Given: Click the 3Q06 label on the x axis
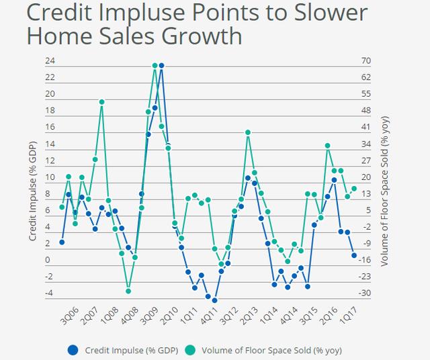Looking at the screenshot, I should pos(70,316).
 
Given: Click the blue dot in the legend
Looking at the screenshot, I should pos(73,350).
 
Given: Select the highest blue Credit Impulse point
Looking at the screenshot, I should pos(161,66).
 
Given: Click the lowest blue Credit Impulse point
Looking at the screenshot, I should pos(214,300).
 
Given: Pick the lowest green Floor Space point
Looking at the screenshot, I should pos(128,291).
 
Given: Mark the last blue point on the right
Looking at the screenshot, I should pos(354,255).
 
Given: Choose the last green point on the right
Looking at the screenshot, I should pos(354,189).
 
